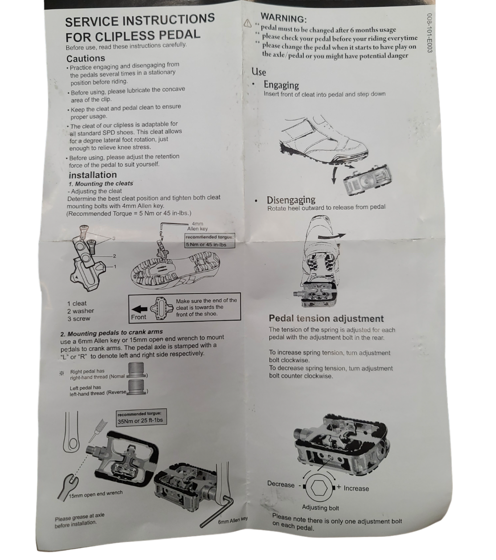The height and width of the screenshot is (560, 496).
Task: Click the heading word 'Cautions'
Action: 86,58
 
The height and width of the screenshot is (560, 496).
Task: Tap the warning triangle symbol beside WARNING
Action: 248,23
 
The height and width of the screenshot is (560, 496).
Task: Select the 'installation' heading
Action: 93,175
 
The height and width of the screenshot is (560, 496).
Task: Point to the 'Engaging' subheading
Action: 281,85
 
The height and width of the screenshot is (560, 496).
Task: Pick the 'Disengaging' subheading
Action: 291,200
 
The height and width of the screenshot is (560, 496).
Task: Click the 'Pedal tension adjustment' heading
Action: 326,318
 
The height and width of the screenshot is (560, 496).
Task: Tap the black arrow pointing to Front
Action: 139,308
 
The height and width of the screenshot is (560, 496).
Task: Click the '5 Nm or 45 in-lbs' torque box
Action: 209,244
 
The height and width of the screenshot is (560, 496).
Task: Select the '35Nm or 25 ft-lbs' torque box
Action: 140,420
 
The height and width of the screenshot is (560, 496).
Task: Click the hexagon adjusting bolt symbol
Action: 318,488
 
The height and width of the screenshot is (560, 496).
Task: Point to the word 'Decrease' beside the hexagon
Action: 281,484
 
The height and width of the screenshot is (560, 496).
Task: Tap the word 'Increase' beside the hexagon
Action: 356,488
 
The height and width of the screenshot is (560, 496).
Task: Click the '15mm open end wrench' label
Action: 96,494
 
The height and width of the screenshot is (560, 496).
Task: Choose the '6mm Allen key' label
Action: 232,520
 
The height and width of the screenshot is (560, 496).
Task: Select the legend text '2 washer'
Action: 80,311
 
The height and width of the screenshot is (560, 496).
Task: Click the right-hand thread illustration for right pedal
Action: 136,370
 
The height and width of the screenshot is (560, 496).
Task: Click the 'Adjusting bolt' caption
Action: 320,507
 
